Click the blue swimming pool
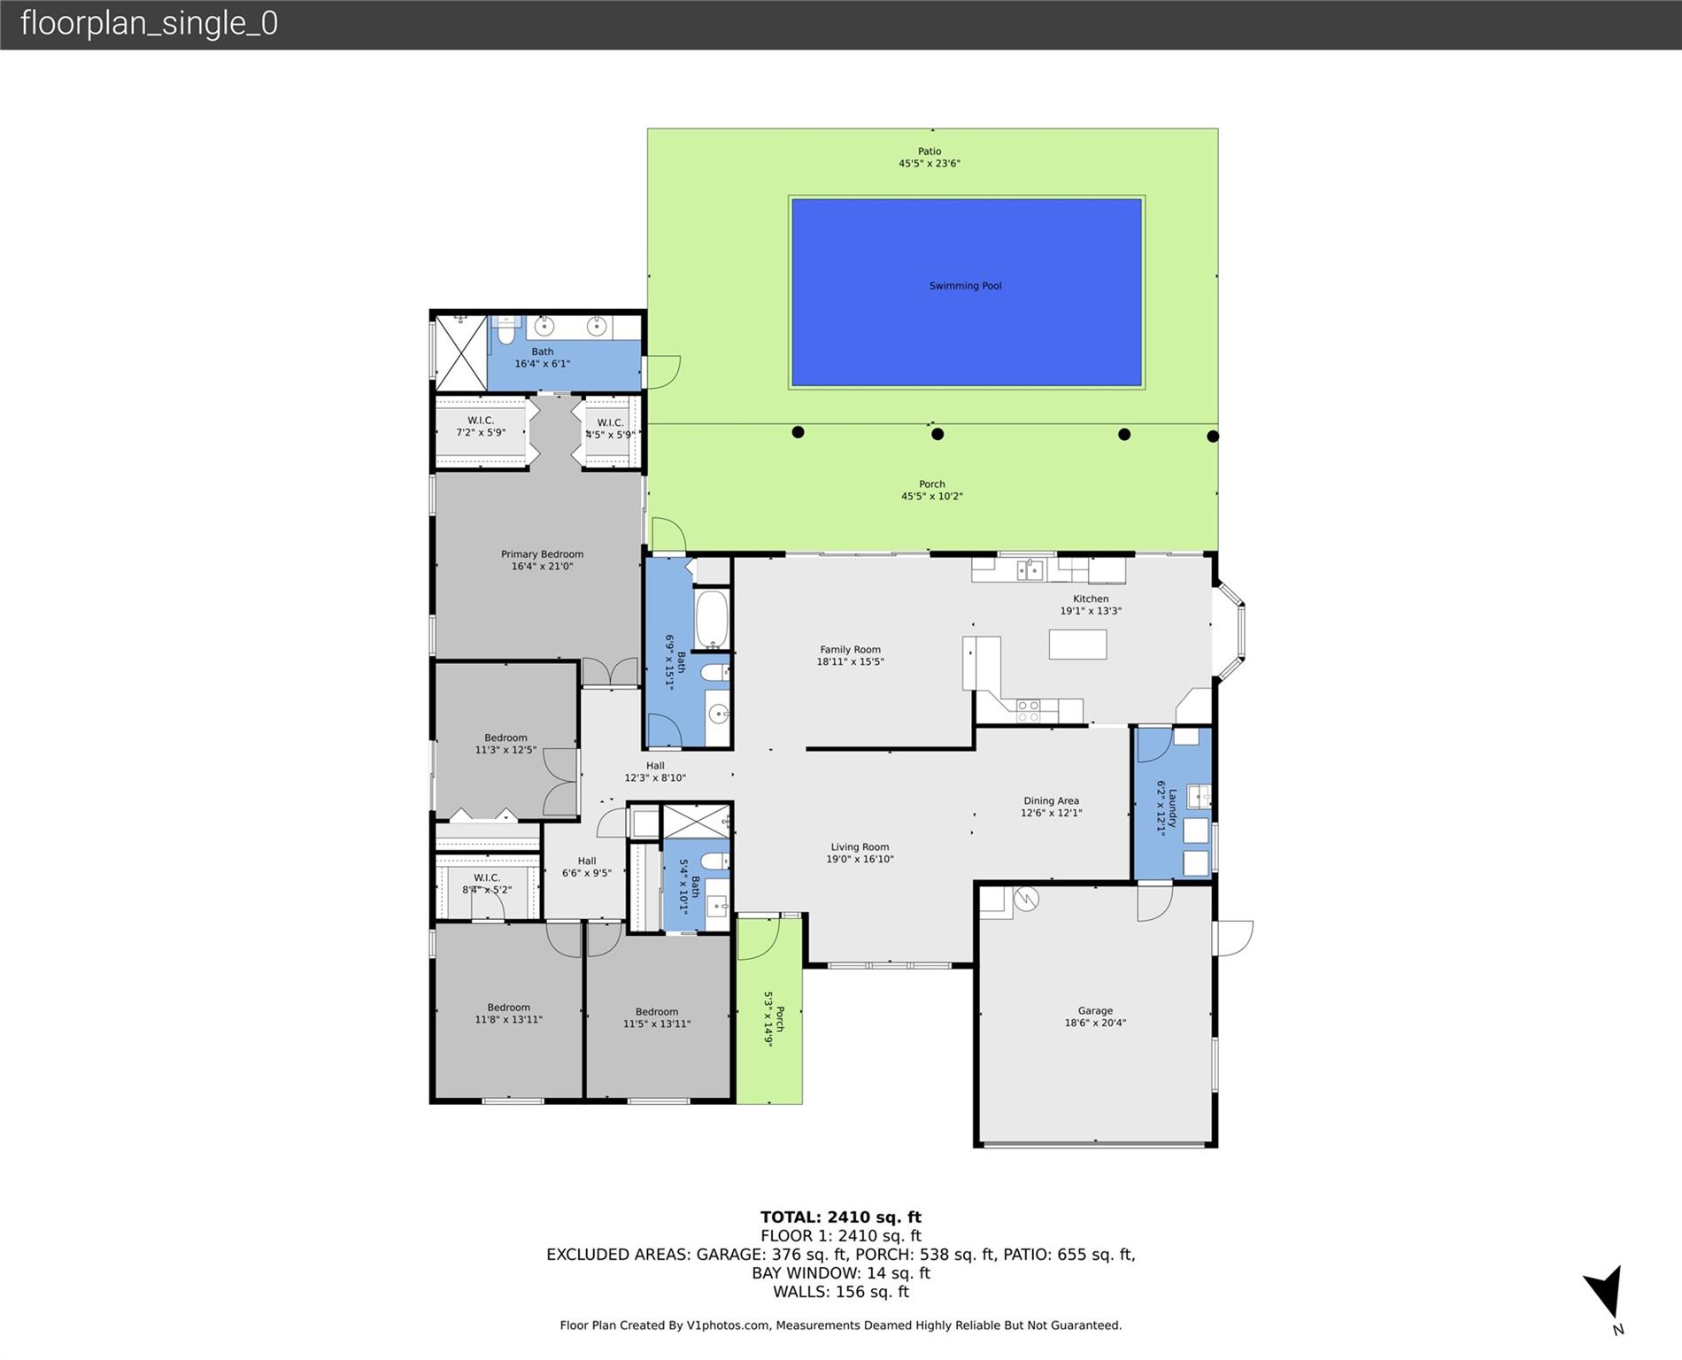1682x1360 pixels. (x=966, y=292)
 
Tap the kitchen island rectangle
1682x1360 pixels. (x=1077, y=644)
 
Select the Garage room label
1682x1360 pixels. (x=1095, y=1010)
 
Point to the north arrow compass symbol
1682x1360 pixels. (x=1606, y=1294)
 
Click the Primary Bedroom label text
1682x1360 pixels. (x=542, y=554)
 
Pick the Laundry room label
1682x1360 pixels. (x=1173, y=807)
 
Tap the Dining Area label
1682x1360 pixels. (x=1051, y=800)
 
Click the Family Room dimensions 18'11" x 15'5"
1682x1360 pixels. (x=850, y=661)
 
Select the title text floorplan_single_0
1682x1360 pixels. (x=149, y=24)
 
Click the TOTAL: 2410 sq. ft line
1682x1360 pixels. (x=841, y=1217)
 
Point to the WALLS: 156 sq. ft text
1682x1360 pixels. (x=841, y=1292)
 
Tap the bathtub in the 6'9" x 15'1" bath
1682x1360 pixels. (x=712, y=619)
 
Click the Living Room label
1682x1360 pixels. (x=860, y=846)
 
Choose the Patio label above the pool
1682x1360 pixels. (x=930, y=151)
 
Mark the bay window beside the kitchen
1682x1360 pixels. (x=1229, y=630)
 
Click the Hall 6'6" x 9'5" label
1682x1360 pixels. (x=587, y=867)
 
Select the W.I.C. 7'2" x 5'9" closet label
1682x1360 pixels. (x=481, y=427)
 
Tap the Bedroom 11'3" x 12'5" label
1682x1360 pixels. (x=505, y=744)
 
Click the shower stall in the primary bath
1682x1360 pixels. (x=460, y=352)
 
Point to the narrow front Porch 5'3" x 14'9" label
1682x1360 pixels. (x=774, y=1018)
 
